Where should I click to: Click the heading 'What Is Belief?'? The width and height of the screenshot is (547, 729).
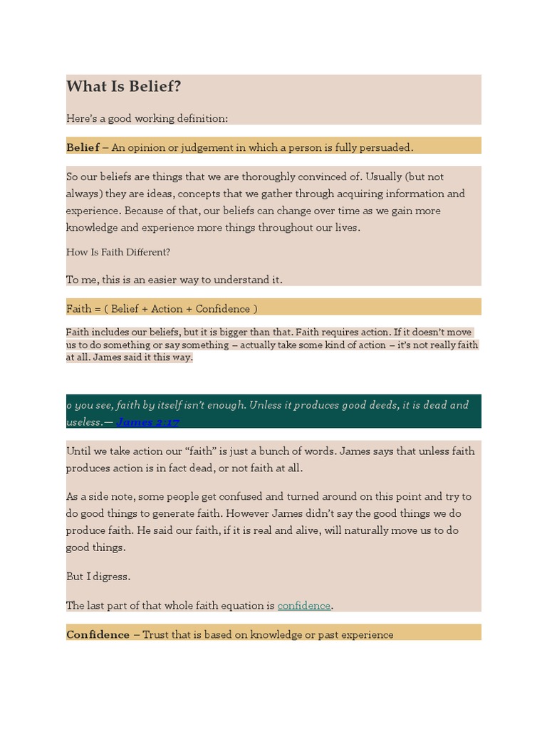pyautogui.click(x=123, y=87)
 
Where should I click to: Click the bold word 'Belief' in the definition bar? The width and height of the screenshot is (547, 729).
pyautogui.click(x=83, y=147)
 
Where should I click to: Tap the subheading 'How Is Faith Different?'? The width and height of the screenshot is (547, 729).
pyautogui.click(x=118, y=252)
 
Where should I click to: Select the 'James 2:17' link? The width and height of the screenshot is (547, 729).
pyautogui.click(x=147, y=422)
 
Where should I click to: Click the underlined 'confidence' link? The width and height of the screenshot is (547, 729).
pyautogui.click(x=304, y=606)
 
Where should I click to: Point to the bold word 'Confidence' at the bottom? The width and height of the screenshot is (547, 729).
pyautogui.click(x=98, y=634)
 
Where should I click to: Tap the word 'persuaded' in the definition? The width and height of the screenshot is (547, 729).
pyautogui.click(x=385, y=147)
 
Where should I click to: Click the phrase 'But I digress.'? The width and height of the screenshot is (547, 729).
pyautogui.click(x=98, y=577)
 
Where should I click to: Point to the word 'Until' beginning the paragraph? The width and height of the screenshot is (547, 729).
pyautogui.click(x=79, y=451)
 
